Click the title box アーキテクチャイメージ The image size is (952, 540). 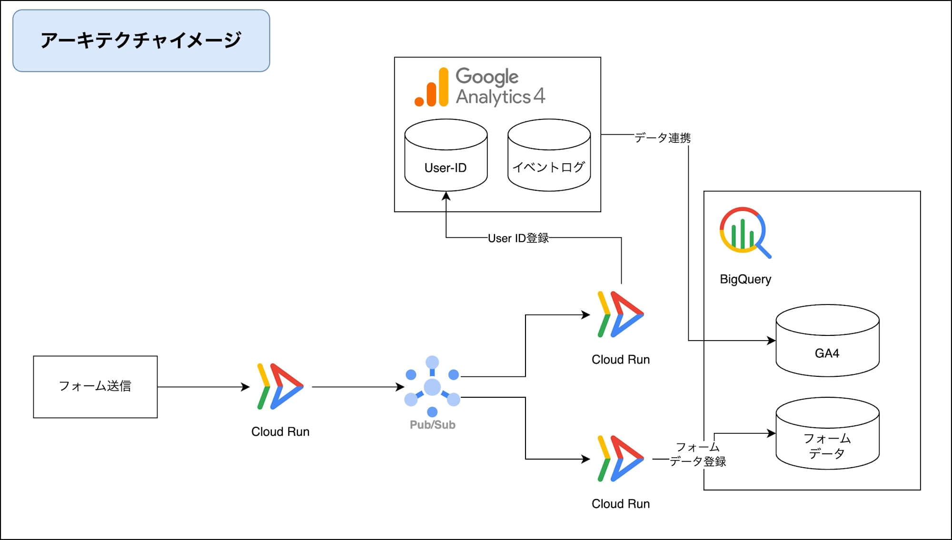coord(141,40)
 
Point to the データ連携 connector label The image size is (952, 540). coord(662,138)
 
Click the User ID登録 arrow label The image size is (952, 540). coord(518,238)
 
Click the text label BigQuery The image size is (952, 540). coord(745,279)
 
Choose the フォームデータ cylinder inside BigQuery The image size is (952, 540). coord(827,434)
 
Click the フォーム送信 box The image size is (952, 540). coord(95,386)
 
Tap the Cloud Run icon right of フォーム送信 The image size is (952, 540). coord(280,386)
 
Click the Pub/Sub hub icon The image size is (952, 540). coord(432,386)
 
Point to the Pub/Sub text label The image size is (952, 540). coord(432,425)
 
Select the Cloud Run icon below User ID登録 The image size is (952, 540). coord(620,314)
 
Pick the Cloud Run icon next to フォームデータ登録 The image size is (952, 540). coord(620,459)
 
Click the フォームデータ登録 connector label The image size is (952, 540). coord(698,454)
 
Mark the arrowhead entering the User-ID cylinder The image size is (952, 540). coord(446,196)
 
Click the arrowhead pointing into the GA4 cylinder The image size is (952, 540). coord(771,341)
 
